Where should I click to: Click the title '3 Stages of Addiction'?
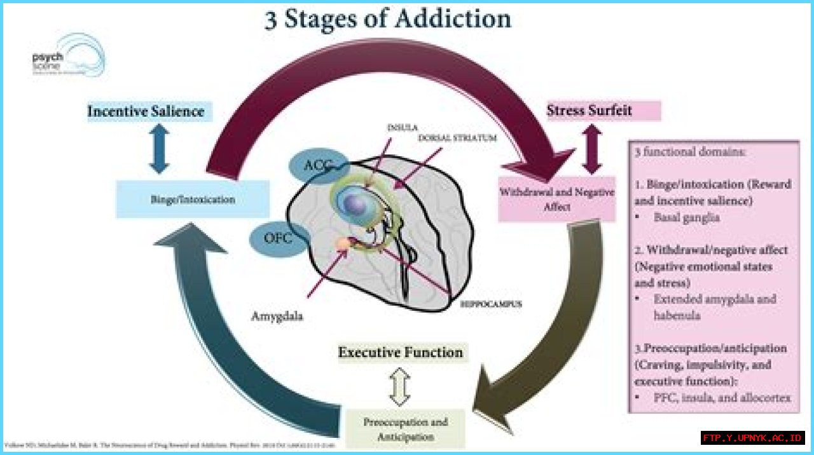(x=387, y=19)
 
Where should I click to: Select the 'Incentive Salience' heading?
(x=146, y=112)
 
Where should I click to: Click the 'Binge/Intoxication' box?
(x=193, y=200)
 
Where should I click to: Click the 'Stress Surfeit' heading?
(x=590, y=111)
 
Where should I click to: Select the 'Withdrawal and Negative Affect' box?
(x=556, y=199)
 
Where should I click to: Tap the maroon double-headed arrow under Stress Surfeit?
(x=591, y=149)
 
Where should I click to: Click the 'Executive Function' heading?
(x=401, y=352)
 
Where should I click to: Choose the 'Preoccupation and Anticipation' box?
(x=405, y=430)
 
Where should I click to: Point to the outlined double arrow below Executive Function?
(x=400, y=386)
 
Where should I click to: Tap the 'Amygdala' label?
(x=277, y=316)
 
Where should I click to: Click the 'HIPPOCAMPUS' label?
(x=492, y=304)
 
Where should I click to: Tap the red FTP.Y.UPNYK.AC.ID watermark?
(x=753, y=438)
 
